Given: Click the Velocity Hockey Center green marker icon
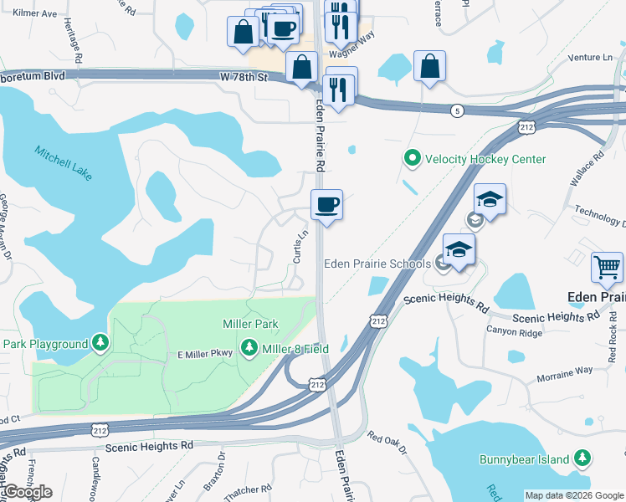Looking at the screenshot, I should point(412,158).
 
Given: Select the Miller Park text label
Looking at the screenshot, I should point(249,323).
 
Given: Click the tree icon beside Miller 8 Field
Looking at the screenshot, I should point(249,346).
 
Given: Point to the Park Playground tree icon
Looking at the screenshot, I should point(100,344).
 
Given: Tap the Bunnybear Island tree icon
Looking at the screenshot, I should point(582,458).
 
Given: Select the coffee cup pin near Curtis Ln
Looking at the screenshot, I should point(326,204).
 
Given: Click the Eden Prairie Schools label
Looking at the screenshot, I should point(377,264).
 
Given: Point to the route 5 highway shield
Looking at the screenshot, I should point(457,110).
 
